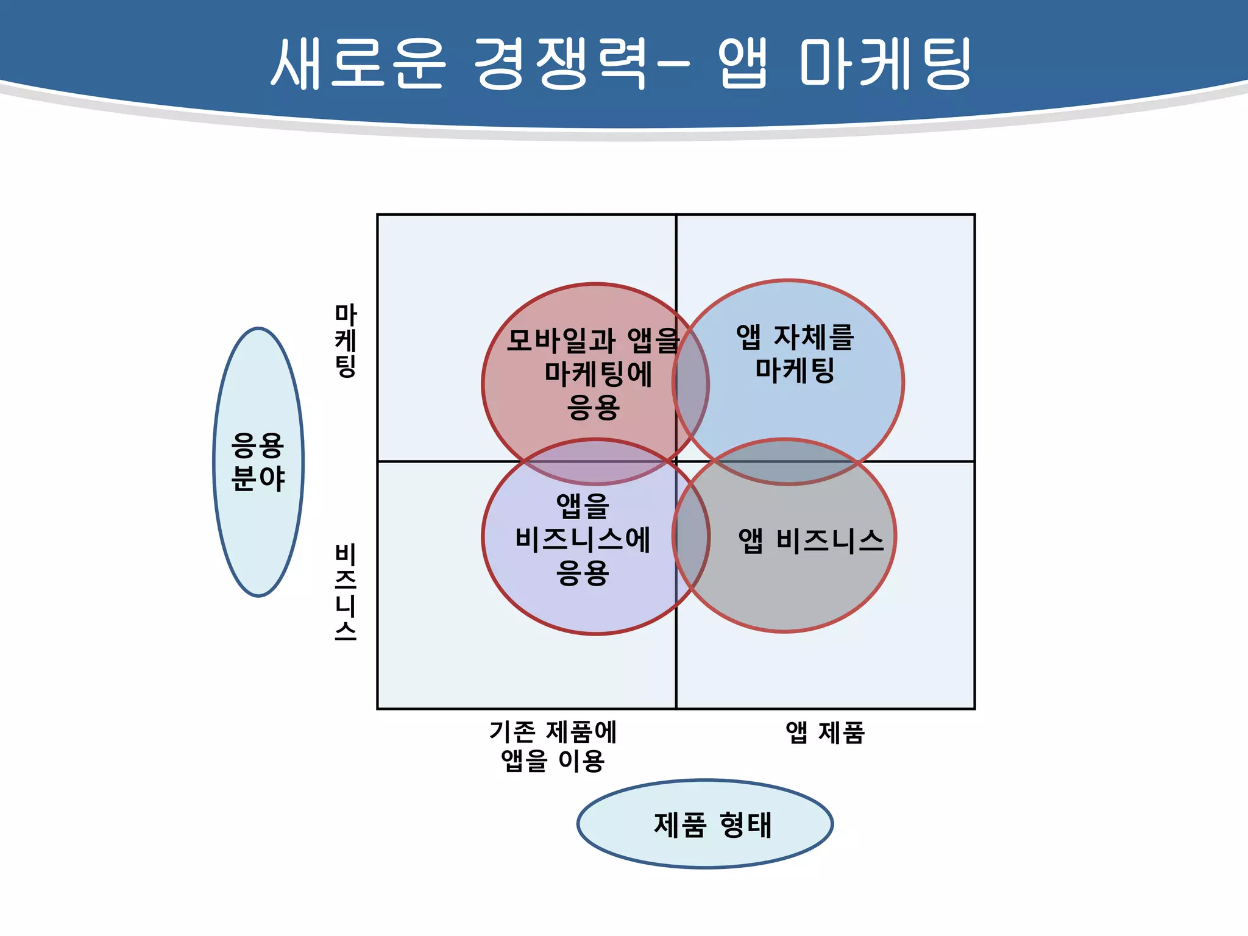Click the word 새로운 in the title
(358, 63)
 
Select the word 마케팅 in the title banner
(885, 63)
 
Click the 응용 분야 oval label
(258, 462)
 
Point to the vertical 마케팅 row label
(346, 341)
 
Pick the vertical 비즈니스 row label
(346, 591)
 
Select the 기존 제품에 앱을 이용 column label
(553, 746)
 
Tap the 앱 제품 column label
(825, 732)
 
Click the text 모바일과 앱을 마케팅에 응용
(594, 373)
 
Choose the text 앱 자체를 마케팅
(795, 353)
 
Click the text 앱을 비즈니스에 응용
(583, 539)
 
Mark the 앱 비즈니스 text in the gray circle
(810, 541)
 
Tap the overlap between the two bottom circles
(691, 536)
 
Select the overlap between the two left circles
(595, 462)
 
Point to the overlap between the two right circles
(786, 462)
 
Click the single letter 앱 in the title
(742, 63)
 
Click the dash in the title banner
(674, 63)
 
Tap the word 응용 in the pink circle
(594, 407)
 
